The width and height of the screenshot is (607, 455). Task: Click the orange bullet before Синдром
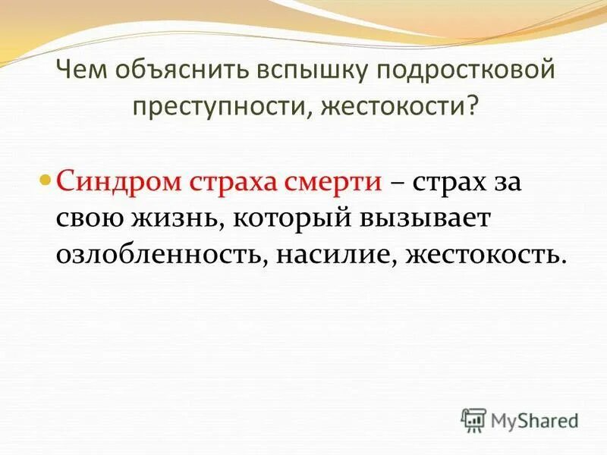click(45, 183)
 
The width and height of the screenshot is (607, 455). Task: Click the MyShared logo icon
click(474, 418)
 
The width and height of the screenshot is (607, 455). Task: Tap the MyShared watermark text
click(535, 419)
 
